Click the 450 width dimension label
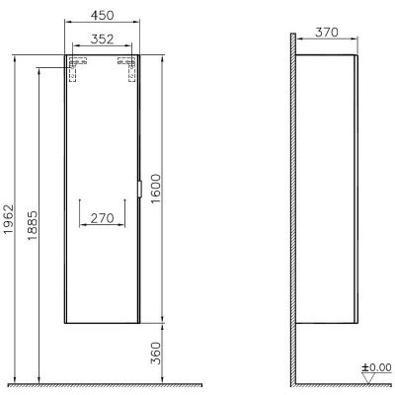click(x=102, y=15)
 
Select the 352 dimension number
click(x=102, y=39)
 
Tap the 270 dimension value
click(x=102, y=218)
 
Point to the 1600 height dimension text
click(x=156, y=189)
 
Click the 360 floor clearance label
click(x=156, y=354)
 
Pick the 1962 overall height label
click(x=8, y=219)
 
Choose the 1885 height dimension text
click(x=33, y=225)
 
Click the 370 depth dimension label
click(x=327, y=33)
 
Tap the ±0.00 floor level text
click(x=377, y=367)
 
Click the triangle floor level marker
click(x=368, y=378)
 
